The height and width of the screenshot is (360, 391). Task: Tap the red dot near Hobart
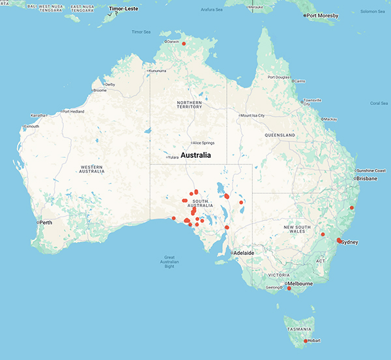coord(305,341)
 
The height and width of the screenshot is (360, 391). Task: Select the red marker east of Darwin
coord(184,44)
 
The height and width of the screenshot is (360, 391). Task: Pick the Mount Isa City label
coord(253,115)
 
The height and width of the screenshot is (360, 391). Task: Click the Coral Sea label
coord(379,102)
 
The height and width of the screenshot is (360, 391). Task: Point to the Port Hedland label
coord(74,112)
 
